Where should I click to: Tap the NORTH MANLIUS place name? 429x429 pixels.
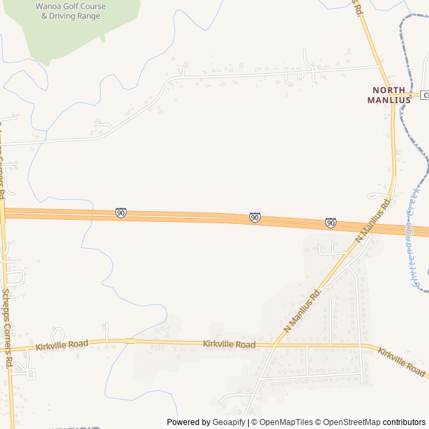pos(386,95)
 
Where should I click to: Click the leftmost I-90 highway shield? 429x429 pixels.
pos(121,212)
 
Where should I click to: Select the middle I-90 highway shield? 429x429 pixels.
pos(255,217)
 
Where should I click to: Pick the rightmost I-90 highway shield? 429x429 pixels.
pos(330,223)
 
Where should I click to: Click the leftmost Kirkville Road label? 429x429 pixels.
pos(62,345)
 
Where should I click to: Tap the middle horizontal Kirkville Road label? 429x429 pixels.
pos(229,345)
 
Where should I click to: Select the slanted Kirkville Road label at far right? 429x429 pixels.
pos(401,361)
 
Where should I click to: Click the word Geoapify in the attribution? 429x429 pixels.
pos(229,422)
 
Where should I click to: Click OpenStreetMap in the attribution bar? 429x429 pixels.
pos(351,422)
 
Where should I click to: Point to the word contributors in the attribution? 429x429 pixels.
pos(404,422)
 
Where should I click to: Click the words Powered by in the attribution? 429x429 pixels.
pos(188,422)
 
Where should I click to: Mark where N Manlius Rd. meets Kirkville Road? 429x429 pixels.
pos(275,345)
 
